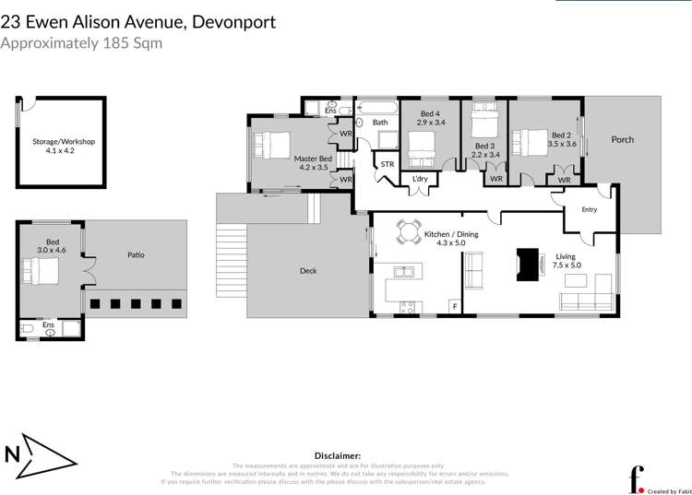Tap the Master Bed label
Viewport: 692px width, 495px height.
(x=313, y=159)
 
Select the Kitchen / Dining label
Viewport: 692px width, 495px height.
(x=451, y=235)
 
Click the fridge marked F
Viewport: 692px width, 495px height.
(x=453, y=306)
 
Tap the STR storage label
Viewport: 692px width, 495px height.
(x=387, y=165)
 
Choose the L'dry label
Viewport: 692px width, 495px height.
(x=421, y=178)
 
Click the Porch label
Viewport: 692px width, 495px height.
(x=623, y=140)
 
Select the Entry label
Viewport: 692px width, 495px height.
(x=589, y=209)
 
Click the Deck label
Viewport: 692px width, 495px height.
(x=308, y=271)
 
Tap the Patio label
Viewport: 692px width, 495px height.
(x=136, y=254)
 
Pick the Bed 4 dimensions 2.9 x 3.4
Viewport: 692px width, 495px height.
(x=431, y=122)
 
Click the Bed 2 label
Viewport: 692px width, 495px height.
(x=562, y=135)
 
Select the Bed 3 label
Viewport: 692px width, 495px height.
(x=485, y=146)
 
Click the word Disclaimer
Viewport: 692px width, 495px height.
(x=338, y=455)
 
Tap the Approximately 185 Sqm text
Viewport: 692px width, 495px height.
(x=81, y=43)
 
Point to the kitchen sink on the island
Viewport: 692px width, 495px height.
(x=403, y=271)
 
